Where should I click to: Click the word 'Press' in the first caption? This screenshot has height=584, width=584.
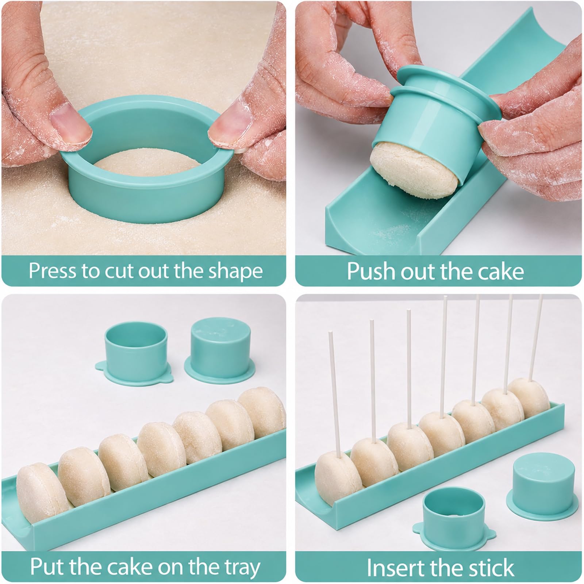53,271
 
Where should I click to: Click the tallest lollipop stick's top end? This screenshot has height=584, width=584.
540,296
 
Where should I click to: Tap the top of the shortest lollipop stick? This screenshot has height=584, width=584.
331,333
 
